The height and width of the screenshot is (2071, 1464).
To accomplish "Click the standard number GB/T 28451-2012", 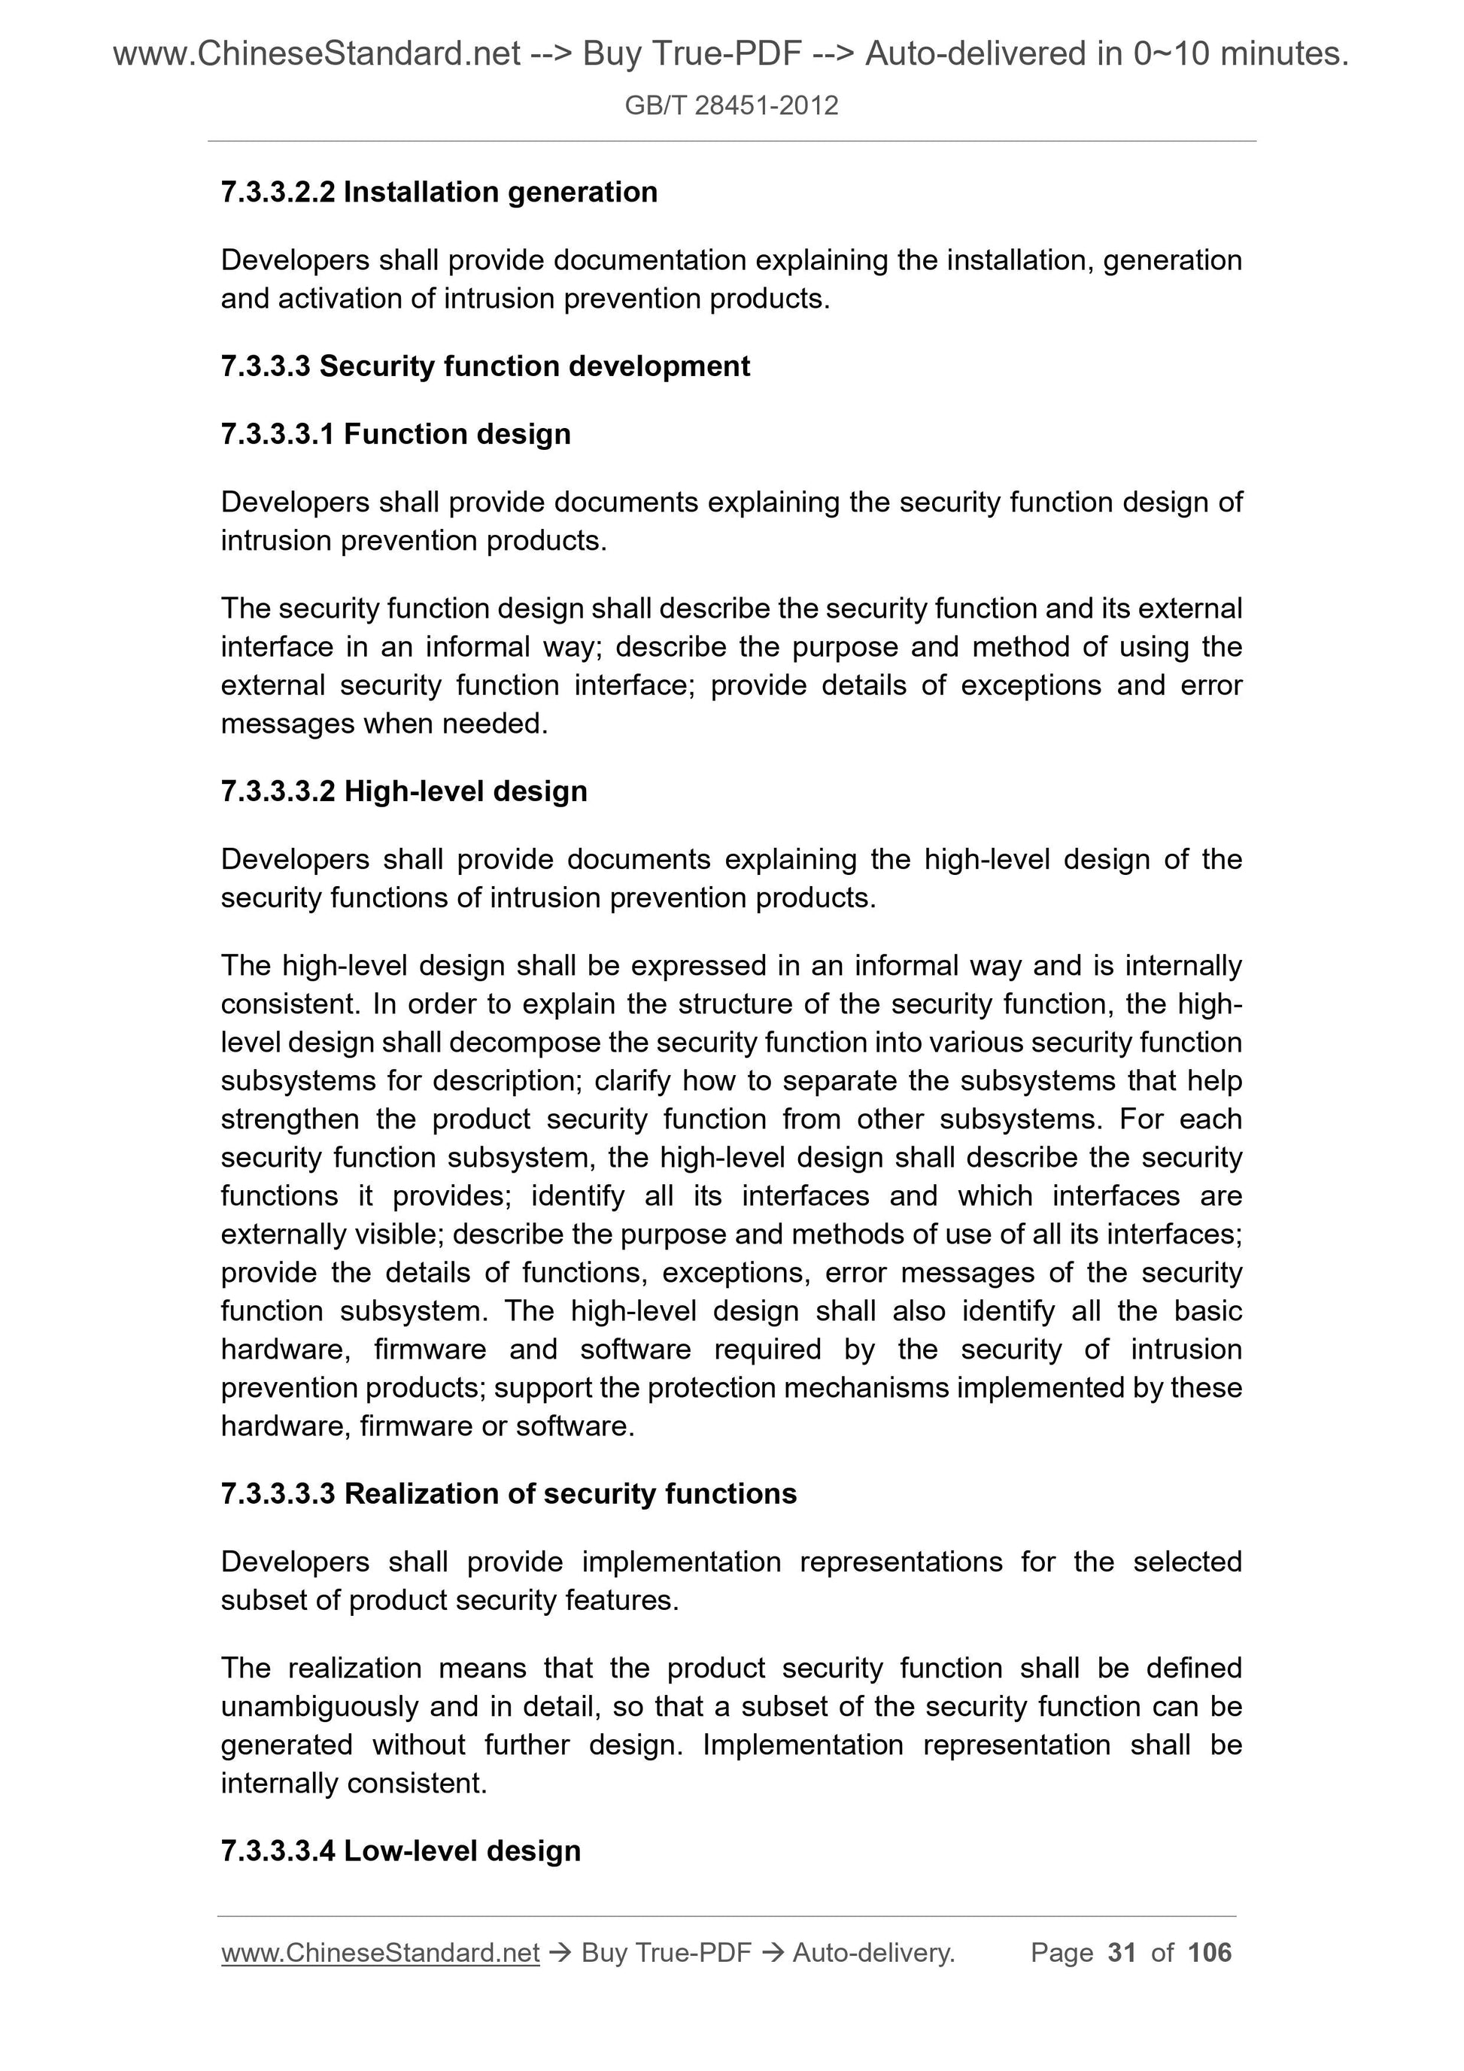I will click(x=730, y=105).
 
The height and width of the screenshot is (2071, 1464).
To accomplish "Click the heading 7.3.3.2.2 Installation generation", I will click(x=439, y=192).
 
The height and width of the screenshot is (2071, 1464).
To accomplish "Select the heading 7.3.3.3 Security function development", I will click(x=484, y=366).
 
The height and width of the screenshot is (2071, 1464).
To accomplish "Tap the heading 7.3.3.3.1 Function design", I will click(x=395, y=434).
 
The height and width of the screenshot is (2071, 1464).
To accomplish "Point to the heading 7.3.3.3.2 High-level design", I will click(x=403, y=791).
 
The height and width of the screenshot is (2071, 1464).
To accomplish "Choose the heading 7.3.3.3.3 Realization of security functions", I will click(x=508, y=1494).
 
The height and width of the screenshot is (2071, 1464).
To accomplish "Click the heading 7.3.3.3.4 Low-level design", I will click(x=400, y=1851).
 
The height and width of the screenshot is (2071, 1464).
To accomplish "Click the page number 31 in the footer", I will click(x=1121, y=1953).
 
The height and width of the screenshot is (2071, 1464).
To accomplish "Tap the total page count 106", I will click(x=1210, y=1953).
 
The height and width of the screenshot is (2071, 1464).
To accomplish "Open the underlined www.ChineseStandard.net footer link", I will click(x=380, y=1953).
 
